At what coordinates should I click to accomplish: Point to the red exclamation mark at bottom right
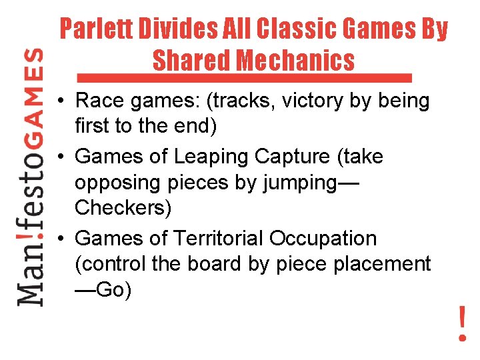point(462,323)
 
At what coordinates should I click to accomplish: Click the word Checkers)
point(123,207)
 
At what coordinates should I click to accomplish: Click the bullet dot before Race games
point(60,102)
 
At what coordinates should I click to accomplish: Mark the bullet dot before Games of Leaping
point(60,157)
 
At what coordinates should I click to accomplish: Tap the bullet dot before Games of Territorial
point(60,239)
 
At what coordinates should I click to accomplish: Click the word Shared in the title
point(192,61)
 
